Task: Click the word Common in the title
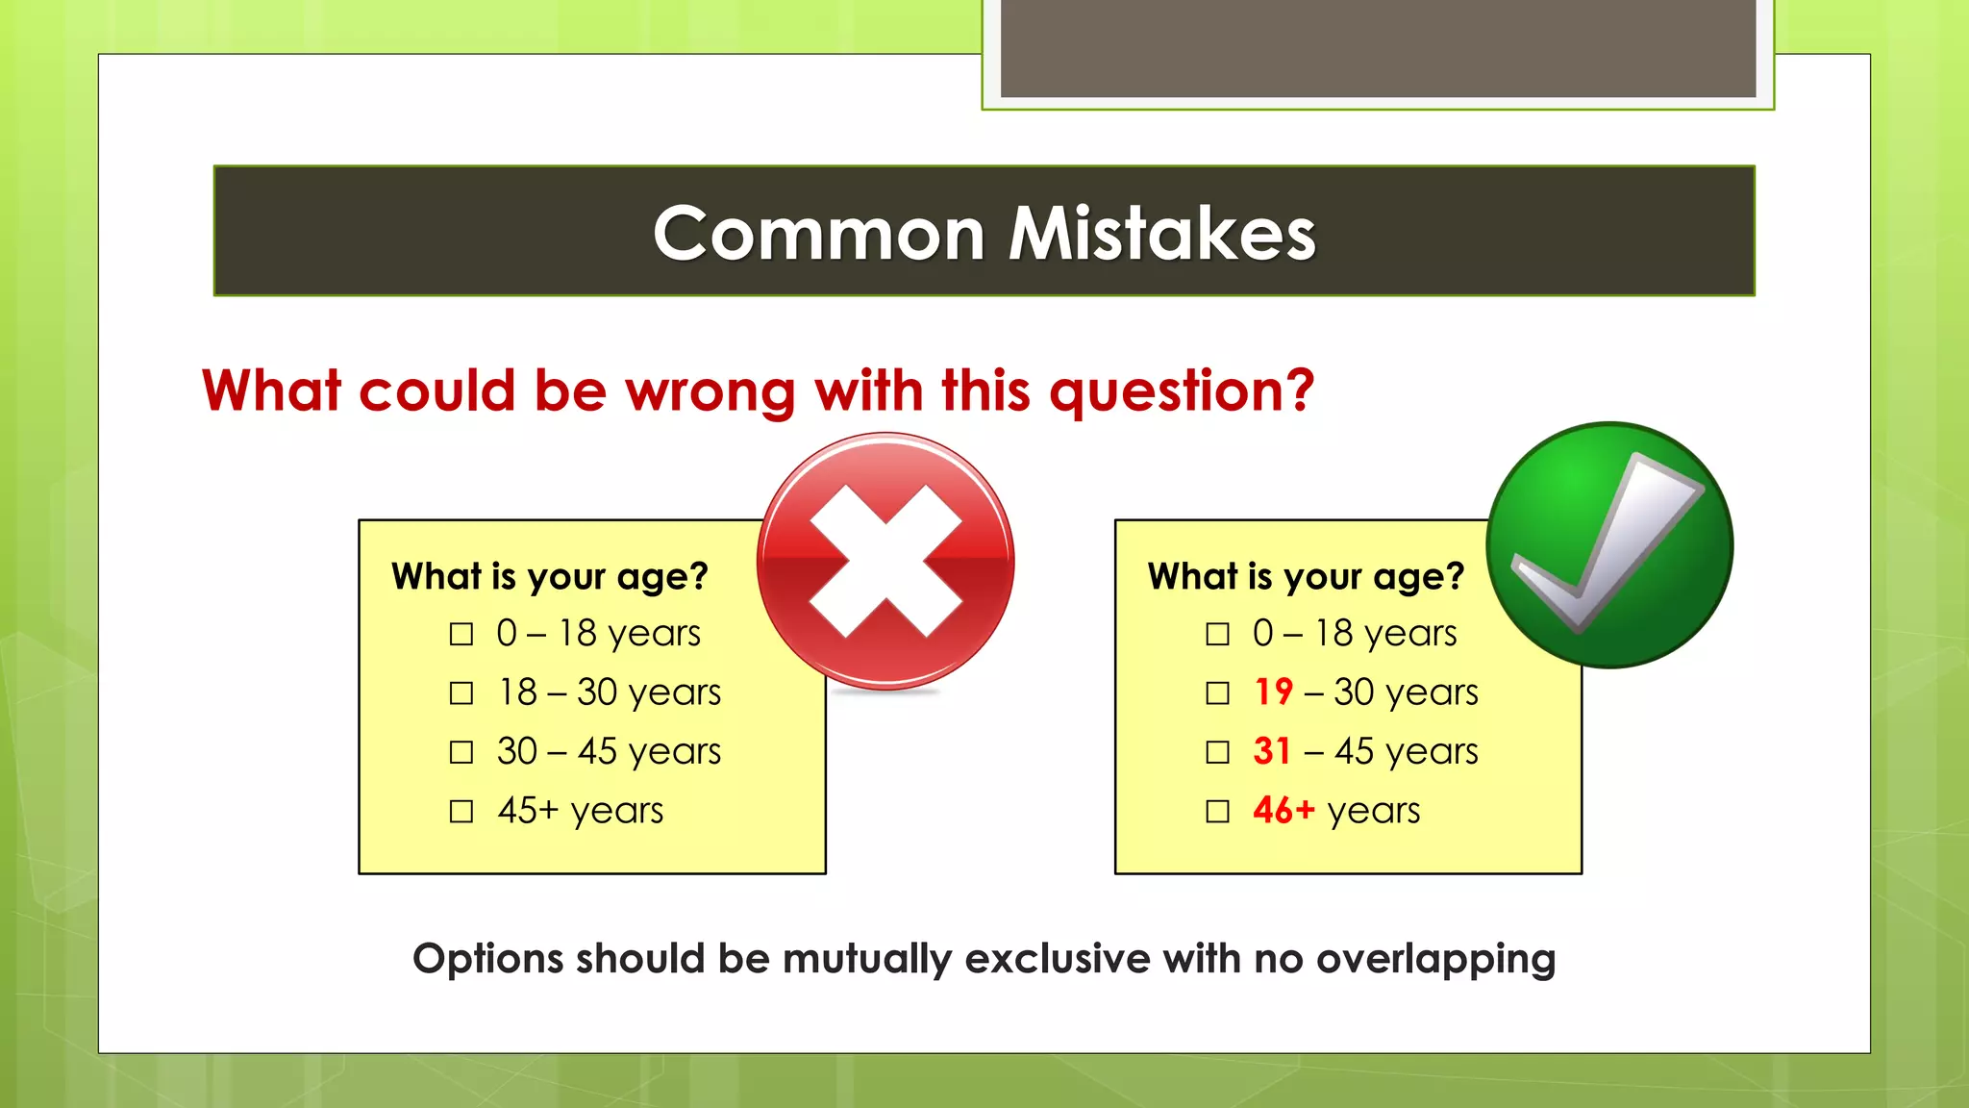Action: click(819, 234)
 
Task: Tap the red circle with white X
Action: click(885, 561)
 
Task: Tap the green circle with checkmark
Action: click(1609, 544)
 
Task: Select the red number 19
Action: click(1274, 692)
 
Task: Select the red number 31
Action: click(1272, 751)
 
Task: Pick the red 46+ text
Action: click(1284, 810)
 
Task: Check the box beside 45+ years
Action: click(461, 812)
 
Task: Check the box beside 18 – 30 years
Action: click(461, 693)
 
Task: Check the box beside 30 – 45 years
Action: click(461, 752)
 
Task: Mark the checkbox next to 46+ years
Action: click(1217, 812)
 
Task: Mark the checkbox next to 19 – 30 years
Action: click(1217, 693)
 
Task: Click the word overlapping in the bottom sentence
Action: click(1435, 960)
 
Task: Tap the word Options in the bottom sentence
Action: click(487, 960)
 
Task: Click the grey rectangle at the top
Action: click(1378, 48)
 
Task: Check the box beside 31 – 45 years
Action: click(1217, 752)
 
